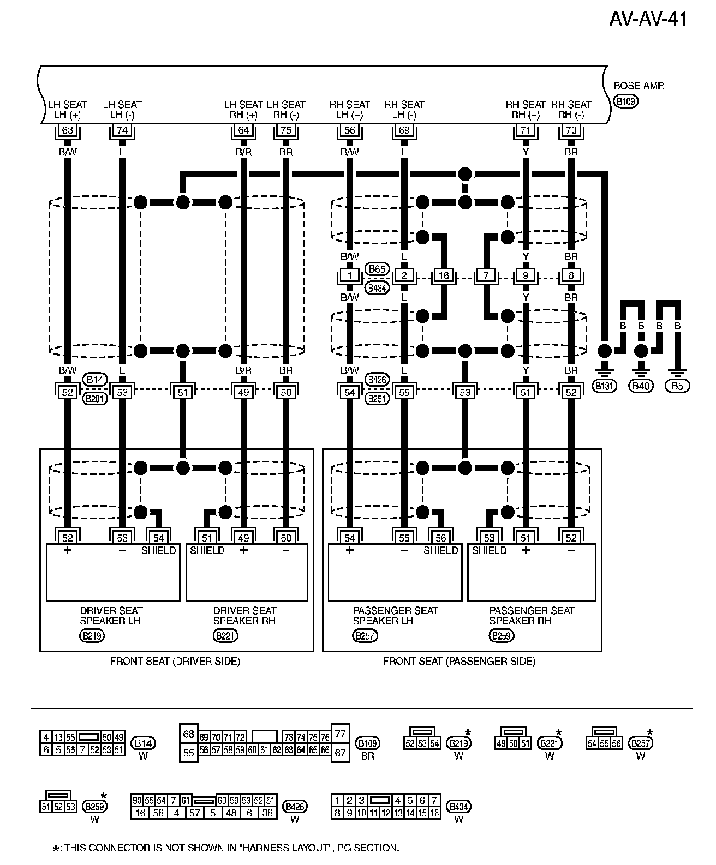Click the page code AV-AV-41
click(648, 19)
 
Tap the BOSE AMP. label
click(639, 86)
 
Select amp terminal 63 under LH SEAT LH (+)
click(68, 130)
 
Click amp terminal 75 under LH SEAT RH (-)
click(286, 130)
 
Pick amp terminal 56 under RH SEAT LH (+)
click(350, 130)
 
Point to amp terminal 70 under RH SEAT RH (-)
click(571, 130)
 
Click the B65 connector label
click(377, 269)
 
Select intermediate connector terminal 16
click(444, 275)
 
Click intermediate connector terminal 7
click(486, 275)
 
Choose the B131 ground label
click(604, 386)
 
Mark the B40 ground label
click(641, 386)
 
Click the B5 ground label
click(677, 386)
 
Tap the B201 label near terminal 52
click(94, 399)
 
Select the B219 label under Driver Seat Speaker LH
click(92, 635)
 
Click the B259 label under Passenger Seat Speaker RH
click(501, 635)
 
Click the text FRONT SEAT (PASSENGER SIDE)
click(459, 662)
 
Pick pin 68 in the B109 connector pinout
click(189, 734)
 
